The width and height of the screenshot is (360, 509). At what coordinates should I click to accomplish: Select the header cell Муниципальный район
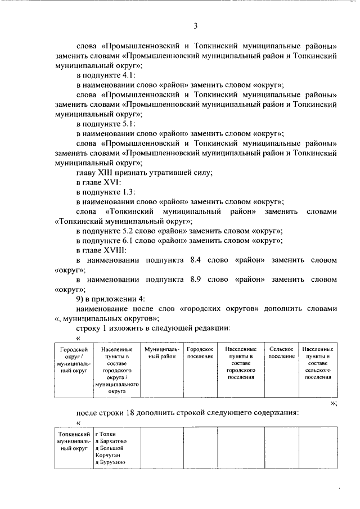coord(161,353)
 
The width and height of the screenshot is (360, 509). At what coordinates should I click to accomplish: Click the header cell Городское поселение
coord(200,353)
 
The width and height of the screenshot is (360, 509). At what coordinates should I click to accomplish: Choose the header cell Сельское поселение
coord(281,353)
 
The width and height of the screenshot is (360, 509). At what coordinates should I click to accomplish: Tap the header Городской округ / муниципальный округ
coord(74,359)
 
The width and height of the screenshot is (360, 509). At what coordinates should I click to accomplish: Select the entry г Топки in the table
coord(107,434)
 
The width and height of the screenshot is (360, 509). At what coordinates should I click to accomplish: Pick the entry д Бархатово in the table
coord(111,442)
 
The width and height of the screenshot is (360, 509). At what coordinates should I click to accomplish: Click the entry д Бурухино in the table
coord(110,463)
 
